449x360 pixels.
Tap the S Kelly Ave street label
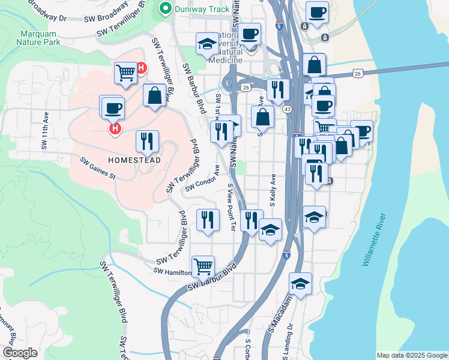coord(273,191)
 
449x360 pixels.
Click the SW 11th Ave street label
coord(46,129)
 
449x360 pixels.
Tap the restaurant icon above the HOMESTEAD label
coord(147,141)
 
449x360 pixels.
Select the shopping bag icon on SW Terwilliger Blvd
coord(154,95)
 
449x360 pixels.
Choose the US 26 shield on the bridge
coord(358,73)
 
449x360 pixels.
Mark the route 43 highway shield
coord(288,109)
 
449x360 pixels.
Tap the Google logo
coord(20,353)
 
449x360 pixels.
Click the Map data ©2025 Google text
coord(412,355)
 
